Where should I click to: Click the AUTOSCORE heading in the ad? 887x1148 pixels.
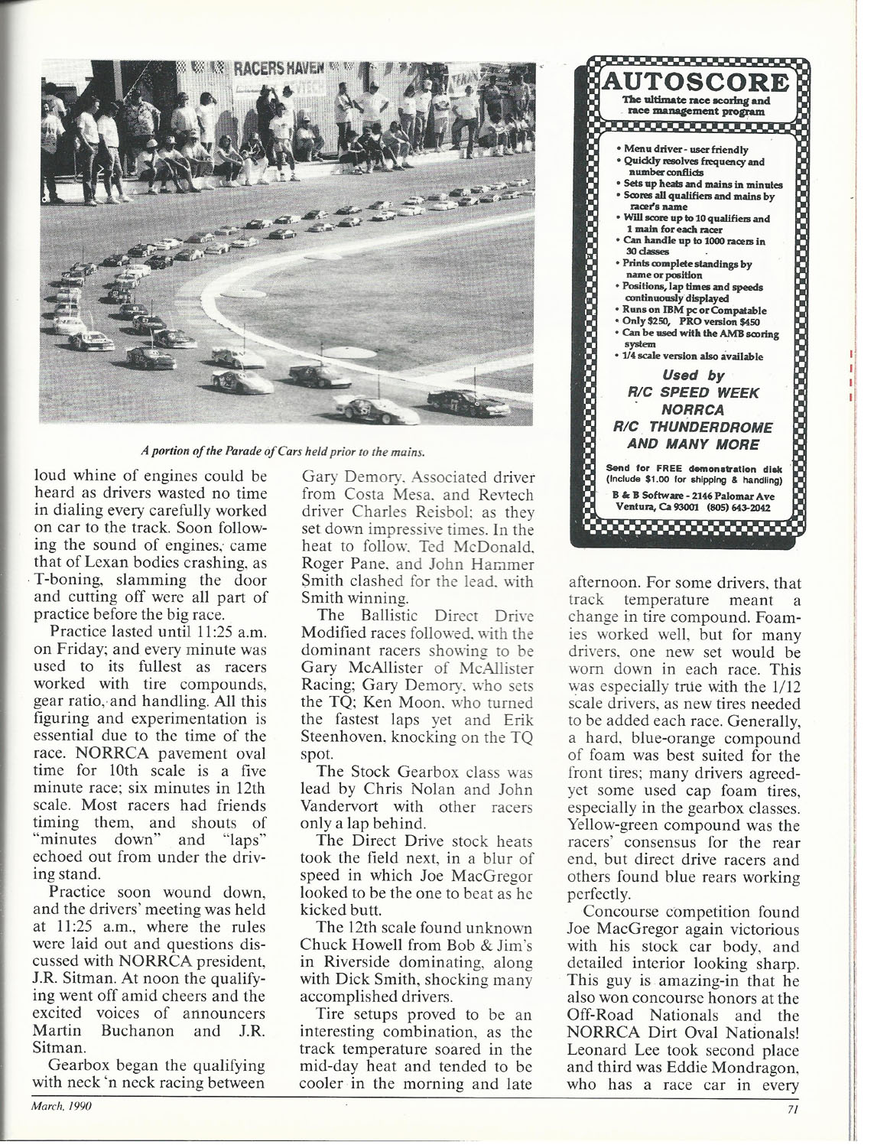(x=694, y=82)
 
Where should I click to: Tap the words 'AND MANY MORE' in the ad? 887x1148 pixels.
(x=694, y=444)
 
